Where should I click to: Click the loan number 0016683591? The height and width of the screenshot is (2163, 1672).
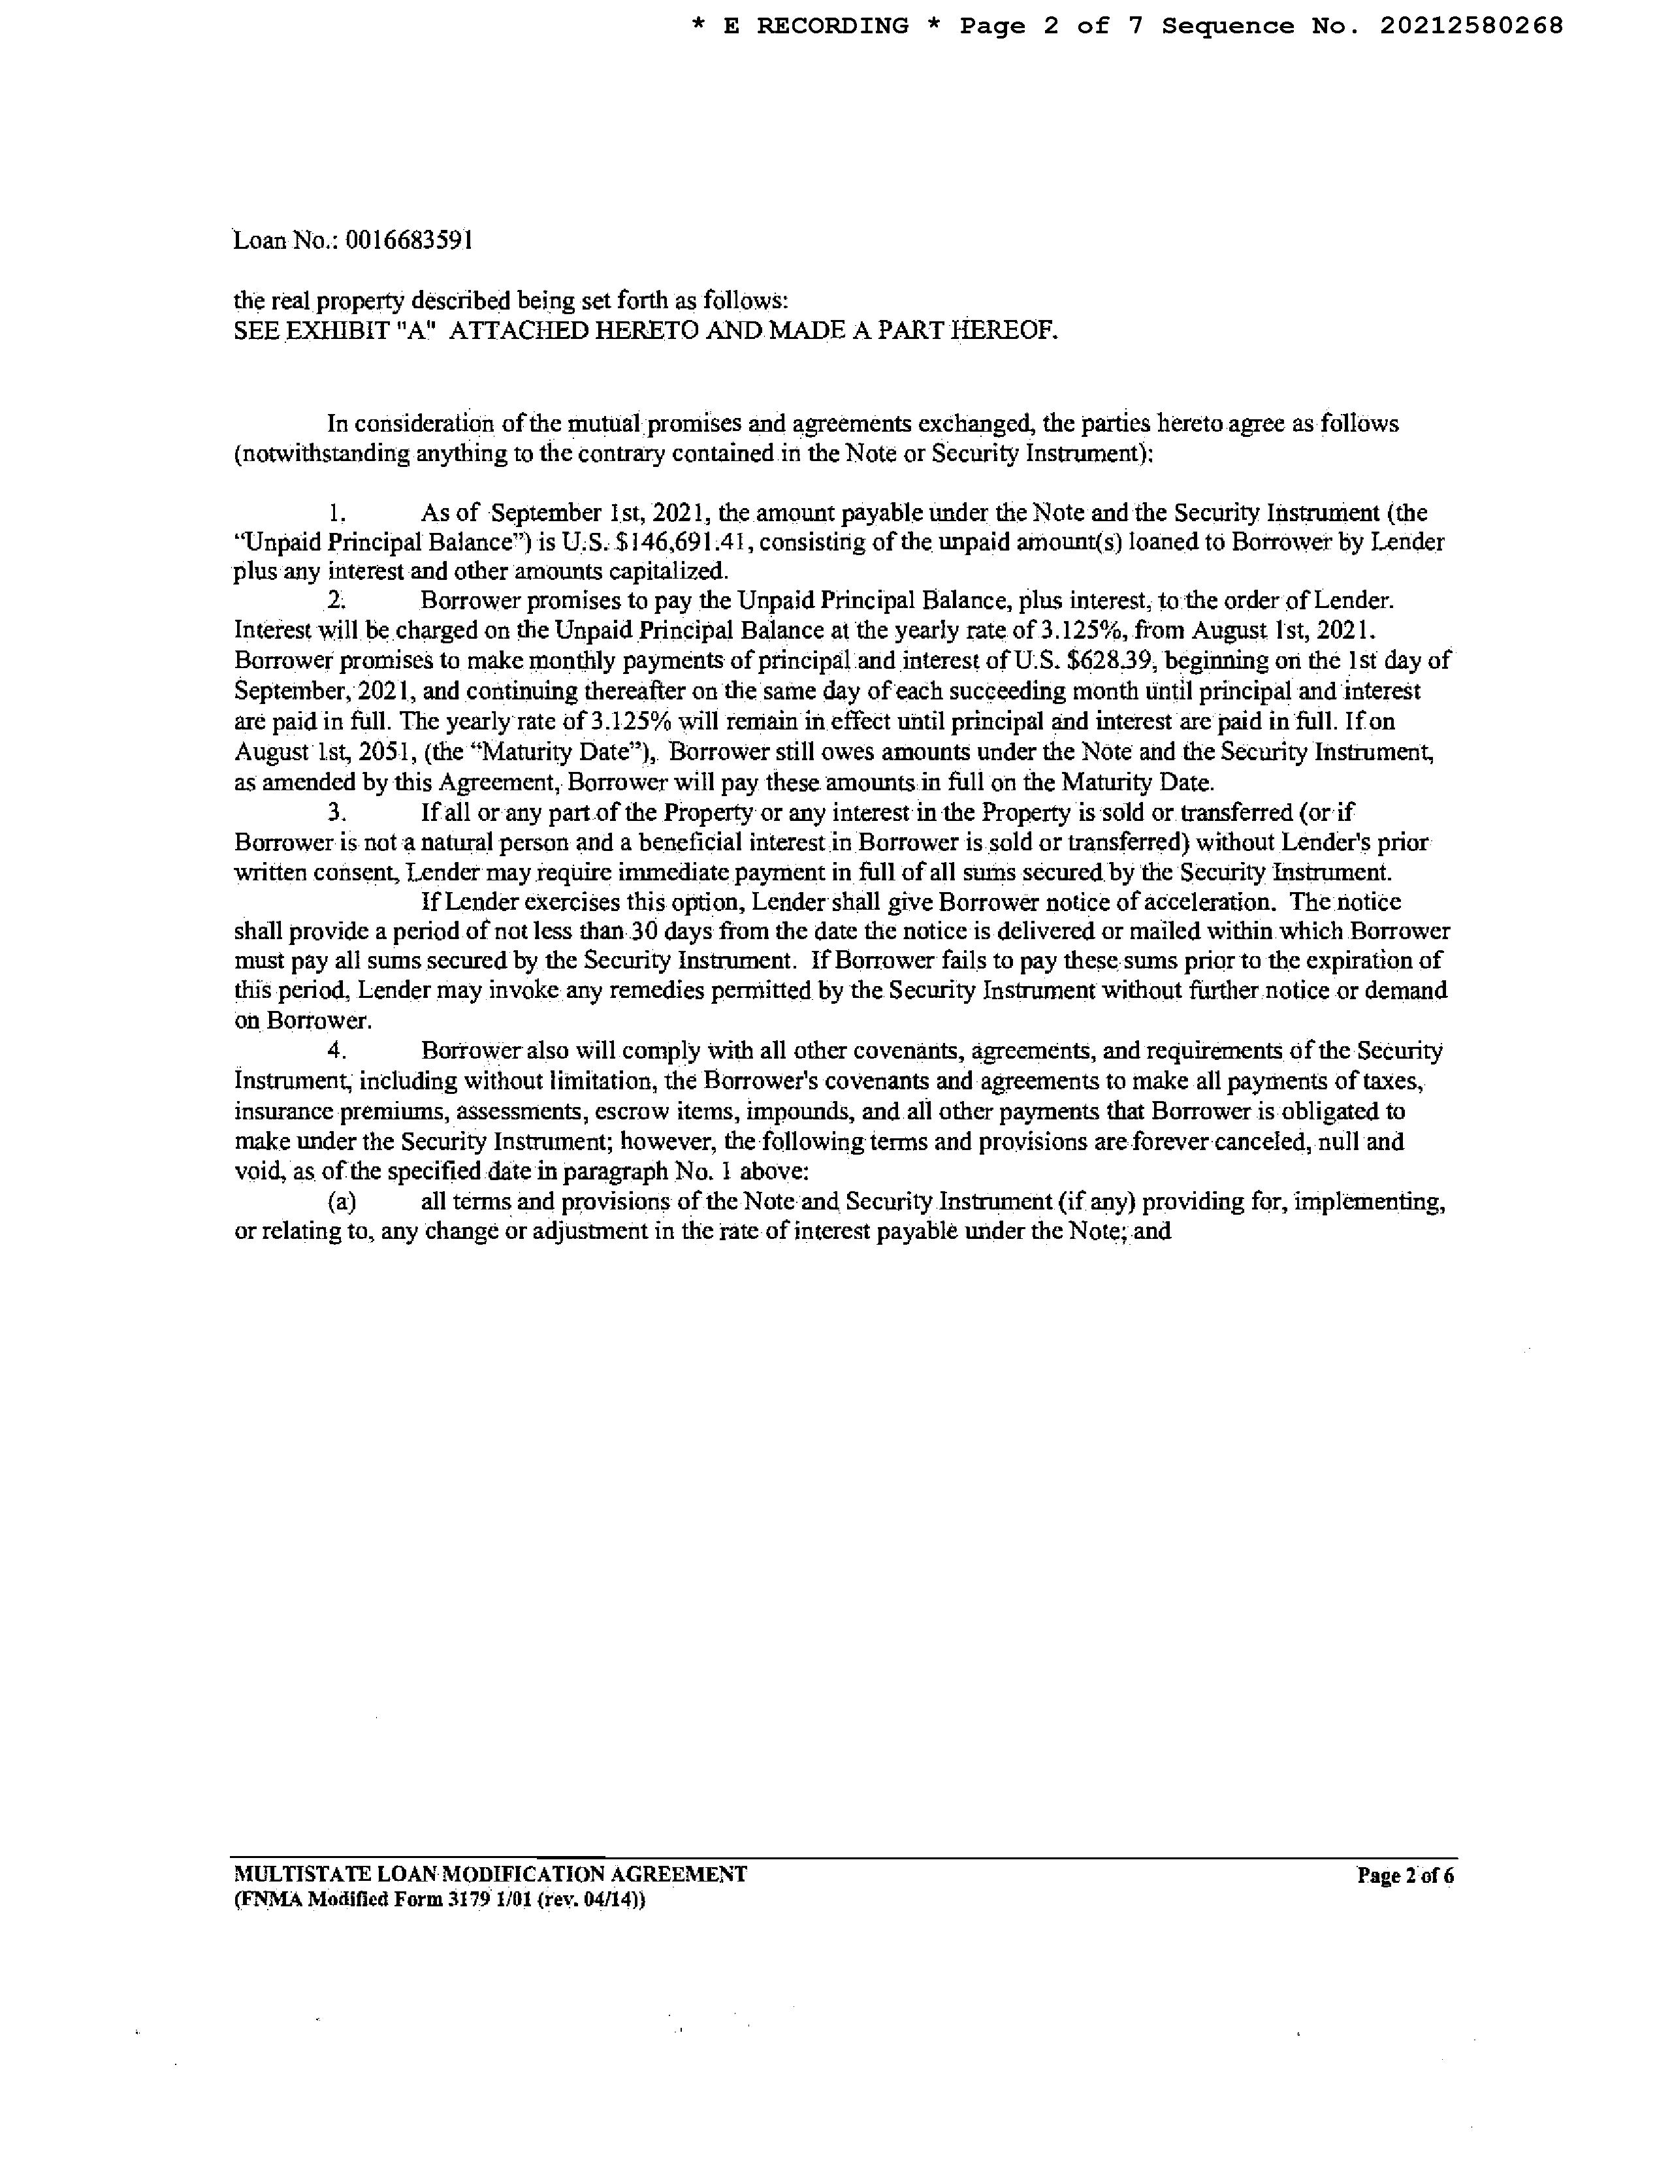pyautogui.click(x=408, y=241)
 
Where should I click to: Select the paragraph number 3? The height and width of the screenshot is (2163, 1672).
pyautogui.click(x=337, y=813)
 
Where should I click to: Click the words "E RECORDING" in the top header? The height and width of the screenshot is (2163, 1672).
pyautogui.click(x=815, y=25)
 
